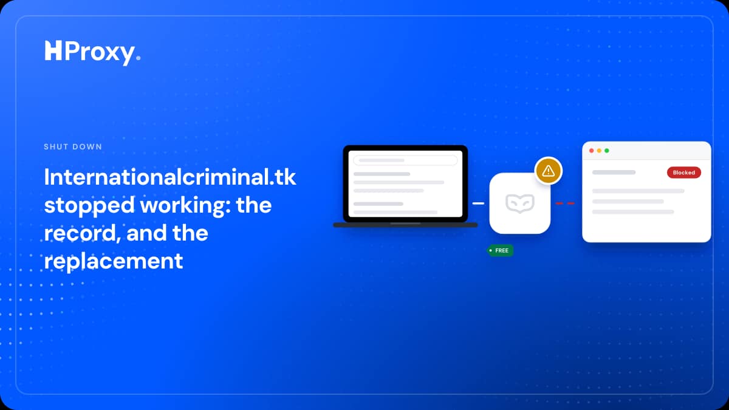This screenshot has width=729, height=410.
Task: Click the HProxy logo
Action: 93,53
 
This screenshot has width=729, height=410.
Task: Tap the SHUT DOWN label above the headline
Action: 73,147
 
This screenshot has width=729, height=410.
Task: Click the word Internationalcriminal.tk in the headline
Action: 170,177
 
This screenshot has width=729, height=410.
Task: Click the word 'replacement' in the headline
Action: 114,262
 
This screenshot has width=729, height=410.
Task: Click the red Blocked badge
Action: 684,173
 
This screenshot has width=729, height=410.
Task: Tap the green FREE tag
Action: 500,250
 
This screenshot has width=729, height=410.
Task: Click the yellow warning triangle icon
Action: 549,171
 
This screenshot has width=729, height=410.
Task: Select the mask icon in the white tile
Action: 520,203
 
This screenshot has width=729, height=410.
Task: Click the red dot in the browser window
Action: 591,151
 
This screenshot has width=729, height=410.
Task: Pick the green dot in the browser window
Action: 607,151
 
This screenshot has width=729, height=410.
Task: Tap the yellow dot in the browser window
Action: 599,151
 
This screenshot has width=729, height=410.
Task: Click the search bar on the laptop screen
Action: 406,160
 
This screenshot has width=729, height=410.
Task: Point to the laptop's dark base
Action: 406,225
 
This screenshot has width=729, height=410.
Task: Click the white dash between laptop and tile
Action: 478,203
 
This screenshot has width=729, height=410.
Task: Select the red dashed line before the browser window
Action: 565,203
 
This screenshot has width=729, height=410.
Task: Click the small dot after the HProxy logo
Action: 139,58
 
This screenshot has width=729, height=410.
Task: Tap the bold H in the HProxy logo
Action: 53,50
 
